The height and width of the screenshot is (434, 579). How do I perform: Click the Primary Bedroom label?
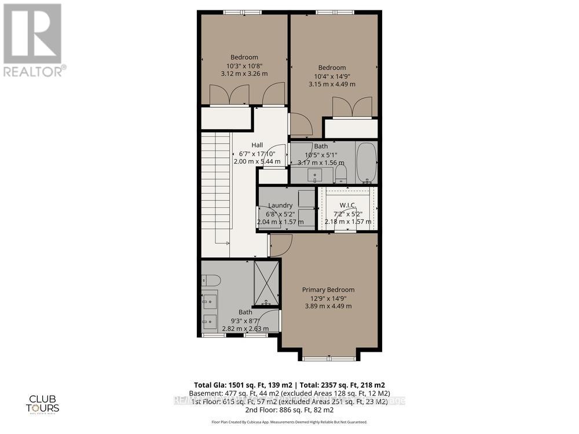(x=328, y=289)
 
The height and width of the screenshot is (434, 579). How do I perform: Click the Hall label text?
(x=258, y=145)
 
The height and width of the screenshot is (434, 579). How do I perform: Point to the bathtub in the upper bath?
(x=366, y=163)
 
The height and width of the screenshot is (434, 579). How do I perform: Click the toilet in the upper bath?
(x=340, y=174)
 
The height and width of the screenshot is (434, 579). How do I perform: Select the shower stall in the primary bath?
(x=266, y=283)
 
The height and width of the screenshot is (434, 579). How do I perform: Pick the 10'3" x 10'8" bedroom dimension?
(x=244, y=65)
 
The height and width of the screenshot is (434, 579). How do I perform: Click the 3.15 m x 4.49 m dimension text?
(x=332, y=84)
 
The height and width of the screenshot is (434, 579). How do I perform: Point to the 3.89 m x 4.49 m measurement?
(x=328, y=306)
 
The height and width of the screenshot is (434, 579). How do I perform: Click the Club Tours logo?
(x=44, y=403)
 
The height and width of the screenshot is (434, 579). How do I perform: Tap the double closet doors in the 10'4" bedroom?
(x=353, y=107)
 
